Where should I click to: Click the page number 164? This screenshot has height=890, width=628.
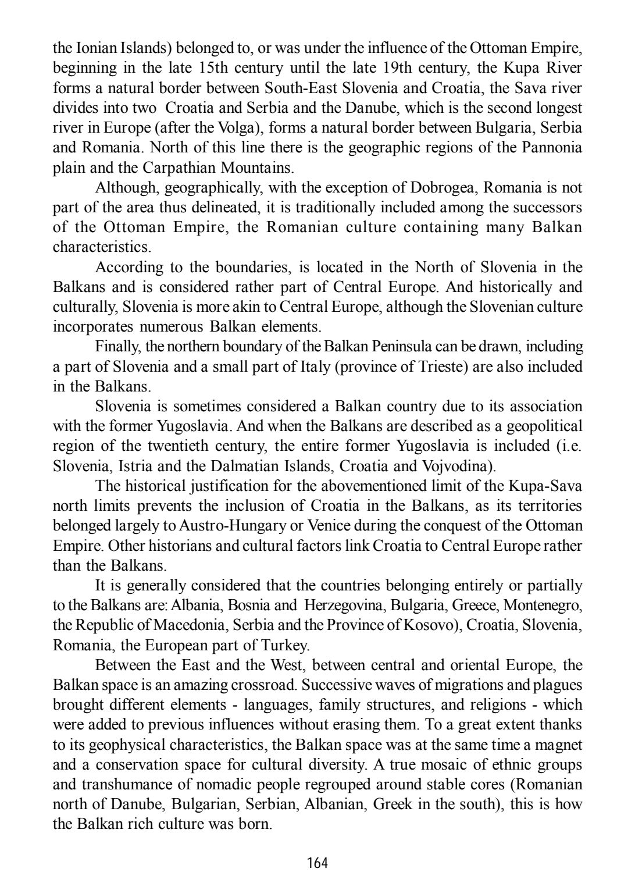[317, 863]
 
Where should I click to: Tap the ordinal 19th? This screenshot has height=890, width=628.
[399, 67]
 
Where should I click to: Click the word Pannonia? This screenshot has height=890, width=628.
[552, 148]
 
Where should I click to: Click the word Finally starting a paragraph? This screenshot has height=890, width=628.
[118, 347]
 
